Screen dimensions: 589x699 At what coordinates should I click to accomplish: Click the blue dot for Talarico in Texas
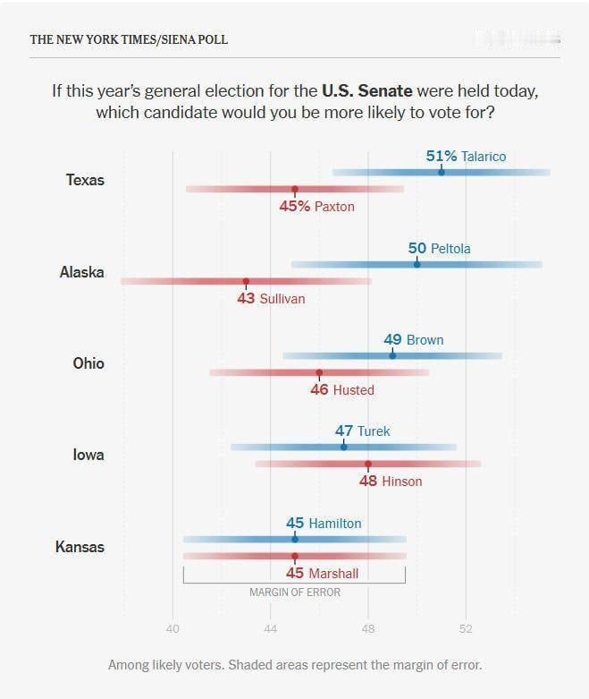[x=442, y=172]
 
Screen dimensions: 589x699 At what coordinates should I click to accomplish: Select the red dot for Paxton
[x=295, y=189]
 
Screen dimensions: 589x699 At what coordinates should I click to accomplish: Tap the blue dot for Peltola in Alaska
[x=417, y=264]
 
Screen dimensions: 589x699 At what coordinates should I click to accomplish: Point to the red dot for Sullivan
[x=246, y=281]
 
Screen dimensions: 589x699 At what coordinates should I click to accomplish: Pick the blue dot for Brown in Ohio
[x=392, y=355]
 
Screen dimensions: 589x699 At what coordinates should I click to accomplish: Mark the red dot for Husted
[x=319, y=372]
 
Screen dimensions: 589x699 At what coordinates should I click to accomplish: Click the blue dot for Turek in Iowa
[x=343, y=448]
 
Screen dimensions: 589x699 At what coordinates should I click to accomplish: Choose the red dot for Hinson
[x=368, y=465]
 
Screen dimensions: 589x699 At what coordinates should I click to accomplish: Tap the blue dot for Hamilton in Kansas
[x=295, y=539]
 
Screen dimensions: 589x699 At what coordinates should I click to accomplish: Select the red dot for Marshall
[x=295, y=556]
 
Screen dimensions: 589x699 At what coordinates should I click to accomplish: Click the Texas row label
[x=85, y=180]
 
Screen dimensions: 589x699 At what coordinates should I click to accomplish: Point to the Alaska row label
[x=82, y=272]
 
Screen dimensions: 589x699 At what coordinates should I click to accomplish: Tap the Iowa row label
[x=88, y=456]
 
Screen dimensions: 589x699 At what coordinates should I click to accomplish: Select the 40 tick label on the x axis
[x=172, y=628]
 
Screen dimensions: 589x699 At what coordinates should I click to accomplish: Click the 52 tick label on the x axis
[x=466, y=628]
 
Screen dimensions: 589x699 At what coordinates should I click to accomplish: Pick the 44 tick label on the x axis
[x=270, y=628]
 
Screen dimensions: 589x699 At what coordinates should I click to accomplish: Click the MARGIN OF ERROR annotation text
[x=295, y=592]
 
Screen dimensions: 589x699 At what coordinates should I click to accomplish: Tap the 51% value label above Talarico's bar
[x=442, y=156]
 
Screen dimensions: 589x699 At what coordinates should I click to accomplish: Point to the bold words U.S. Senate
[x=367, y=91]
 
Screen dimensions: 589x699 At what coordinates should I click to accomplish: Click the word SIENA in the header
[x=178, y=39]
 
